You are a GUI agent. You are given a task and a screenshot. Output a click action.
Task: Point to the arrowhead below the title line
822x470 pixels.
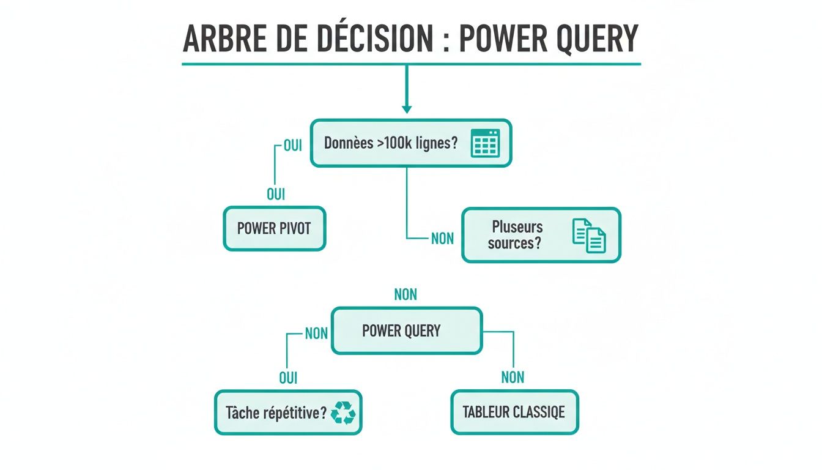[x=407, y=108]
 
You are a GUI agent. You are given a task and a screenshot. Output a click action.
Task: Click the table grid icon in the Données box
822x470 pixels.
[x=486, y=143]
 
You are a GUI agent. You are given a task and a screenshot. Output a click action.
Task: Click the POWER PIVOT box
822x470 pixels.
[x=274, y=229]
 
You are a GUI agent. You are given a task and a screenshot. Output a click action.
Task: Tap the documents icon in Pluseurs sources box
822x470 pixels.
[x=589, y=236]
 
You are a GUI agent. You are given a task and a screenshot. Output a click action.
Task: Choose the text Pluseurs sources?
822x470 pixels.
[x=517, y=234]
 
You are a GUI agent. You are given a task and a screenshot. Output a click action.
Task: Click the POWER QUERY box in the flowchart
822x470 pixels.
[x=407, y=331]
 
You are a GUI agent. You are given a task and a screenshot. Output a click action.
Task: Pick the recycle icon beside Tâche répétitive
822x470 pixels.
[x=343, y=412]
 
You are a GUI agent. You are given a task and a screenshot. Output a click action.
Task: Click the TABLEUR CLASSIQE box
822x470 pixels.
[x=514, y=412]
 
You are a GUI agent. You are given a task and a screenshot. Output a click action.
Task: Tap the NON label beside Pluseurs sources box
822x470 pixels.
[x=442, y=239]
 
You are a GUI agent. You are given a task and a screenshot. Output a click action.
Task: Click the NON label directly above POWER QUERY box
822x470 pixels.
[x=405, y=295]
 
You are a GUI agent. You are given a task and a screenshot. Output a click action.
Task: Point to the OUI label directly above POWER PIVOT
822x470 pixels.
[x=276, y=195]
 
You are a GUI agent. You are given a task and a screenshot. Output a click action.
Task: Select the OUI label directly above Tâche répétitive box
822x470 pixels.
[x=288, y=378]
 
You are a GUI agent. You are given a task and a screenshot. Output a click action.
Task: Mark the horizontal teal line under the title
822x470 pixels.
[x=411, y=64]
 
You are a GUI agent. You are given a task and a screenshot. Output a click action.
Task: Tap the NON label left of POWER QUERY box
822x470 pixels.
[x=316, y=334]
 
